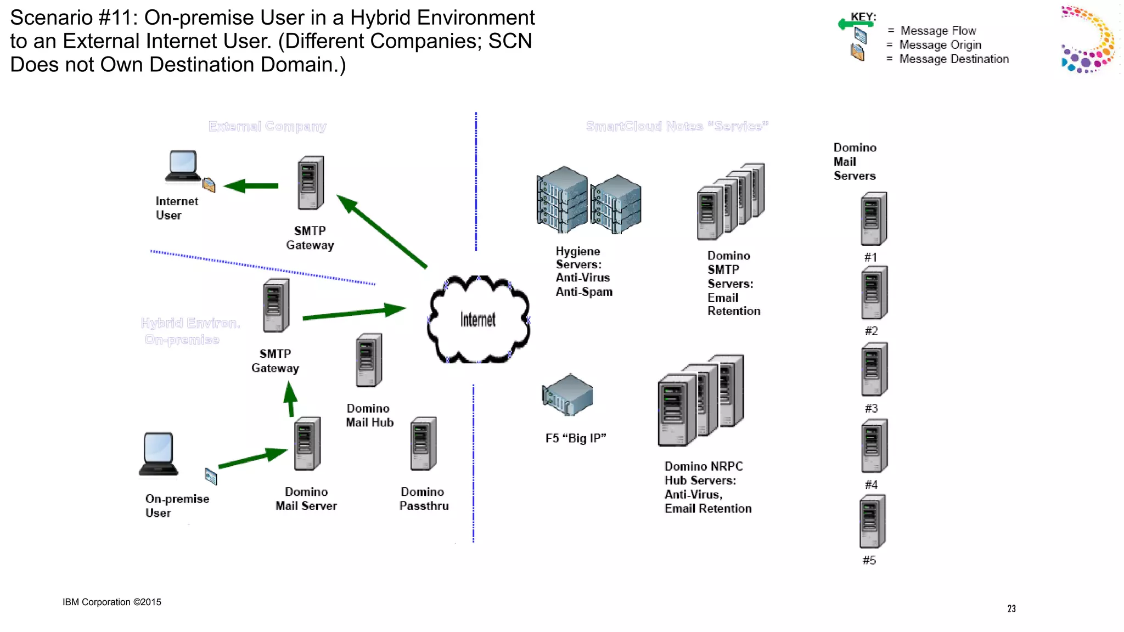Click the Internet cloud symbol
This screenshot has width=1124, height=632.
pos(478,320)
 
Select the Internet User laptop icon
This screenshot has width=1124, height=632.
pos(183,166)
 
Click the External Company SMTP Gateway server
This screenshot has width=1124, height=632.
pos(311,183)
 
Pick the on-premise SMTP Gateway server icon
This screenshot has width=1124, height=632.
pos(276,306)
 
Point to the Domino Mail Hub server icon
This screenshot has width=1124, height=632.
pos(368,360)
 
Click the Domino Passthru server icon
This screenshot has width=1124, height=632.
pos(423,444)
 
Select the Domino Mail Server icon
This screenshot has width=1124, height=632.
pos(307,444)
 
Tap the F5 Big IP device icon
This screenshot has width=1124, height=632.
pos(567,394)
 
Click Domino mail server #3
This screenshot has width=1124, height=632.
pos(874,369)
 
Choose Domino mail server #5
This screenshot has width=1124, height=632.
pos(872,521)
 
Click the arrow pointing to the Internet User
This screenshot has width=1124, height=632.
pos(252,186)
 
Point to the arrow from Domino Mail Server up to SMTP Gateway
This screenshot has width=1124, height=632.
pos(290,399)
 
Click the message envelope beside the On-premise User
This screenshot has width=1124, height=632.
pos(211,476)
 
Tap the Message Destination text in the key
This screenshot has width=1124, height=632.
pos(953,59)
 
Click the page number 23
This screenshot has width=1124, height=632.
pos(1011,608)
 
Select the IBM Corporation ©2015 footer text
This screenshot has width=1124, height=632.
pos(111,602)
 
